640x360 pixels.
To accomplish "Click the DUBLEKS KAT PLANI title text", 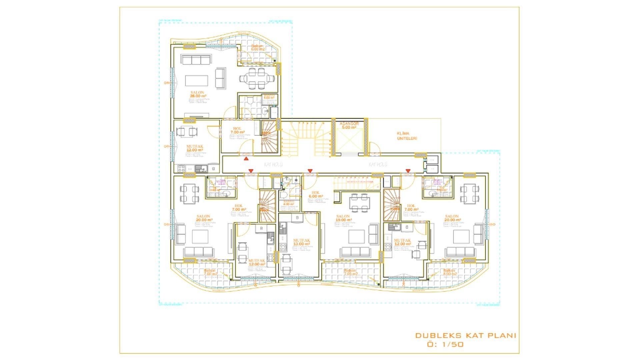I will [x=465, y=335].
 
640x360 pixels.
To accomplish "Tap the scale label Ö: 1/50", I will [x=445, y=344].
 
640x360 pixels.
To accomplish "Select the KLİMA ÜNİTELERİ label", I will [x=407, y=136].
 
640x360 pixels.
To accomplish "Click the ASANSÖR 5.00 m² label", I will [x=349, y=125].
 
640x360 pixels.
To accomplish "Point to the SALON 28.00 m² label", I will [x=197, y=94].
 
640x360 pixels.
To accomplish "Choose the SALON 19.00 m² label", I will [x=343, y=218].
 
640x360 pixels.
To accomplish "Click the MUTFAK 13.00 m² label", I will [x=301, y=242].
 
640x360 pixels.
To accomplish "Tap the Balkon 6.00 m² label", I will [x=257, y=48].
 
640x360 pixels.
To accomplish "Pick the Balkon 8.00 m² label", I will [x=449, y=272].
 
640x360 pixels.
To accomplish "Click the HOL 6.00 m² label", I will [x=315, y=194].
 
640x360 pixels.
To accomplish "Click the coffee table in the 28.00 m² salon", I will [x=197, y=81].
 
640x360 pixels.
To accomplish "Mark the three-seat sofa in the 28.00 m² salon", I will [x=196, y=60].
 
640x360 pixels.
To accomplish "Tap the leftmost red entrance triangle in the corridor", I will [x=246, y=159].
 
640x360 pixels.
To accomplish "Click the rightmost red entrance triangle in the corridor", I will [x=408, y=171].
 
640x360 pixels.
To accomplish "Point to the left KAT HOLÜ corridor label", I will [x=273, y=165].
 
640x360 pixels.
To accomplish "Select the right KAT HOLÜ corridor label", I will [x=378, y=165].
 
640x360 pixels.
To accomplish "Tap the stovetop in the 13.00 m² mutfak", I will [x=283, y=247].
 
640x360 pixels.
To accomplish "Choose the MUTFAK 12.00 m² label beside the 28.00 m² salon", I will [x=195, y=148].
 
